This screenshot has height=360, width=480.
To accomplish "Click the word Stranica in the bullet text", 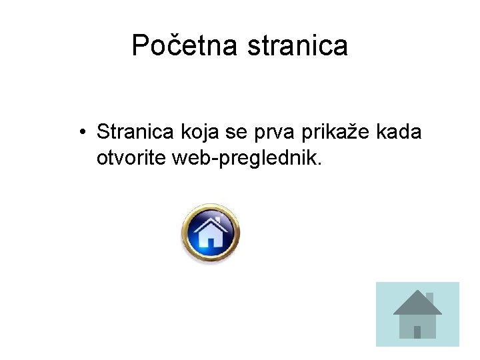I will pyautogui.click(x=135, y=132).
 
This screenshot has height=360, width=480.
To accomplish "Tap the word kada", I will pyautogui.click(x=399, y=132).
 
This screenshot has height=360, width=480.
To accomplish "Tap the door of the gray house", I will pyautogui.click(x=417, y=331).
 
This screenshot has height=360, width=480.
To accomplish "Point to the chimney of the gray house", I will pyautogui.click(x=429, y=297).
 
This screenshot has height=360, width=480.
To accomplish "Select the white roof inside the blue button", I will pyautogui.click(x=210, y=223).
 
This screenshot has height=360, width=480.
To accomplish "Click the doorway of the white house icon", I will pyautogui.click(x=211, y=241).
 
